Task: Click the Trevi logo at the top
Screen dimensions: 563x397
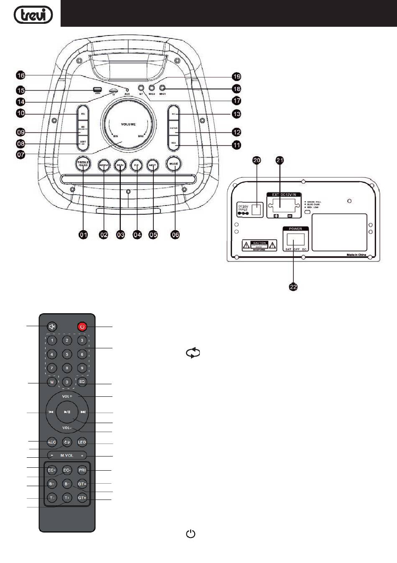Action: coord(33,15)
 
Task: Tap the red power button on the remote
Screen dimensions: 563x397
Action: coord(82,327)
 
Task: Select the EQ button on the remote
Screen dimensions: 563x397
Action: coord(82,382)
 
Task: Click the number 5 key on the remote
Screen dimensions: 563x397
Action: coord(67,354)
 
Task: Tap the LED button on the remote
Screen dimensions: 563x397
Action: coord(82,442)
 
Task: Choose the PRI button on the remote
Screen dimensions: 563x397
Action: coord(82,470)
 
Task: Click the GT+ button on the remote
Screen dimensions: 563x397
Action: coord(82,498)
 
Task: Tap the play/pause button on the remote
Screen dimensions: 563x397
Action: coord(67,412)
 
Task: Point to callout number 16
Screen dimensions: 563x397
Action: coord(20,75)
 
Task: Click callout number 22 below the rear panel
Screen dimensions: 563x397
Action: coord(293,287)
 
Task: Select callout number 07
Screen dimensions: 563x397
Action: coord(20,155)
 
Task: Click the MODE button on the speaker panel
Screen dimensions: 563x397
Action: coord(173,164)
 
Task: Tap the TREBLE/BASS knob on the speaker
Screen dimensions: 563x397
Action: coord(83,164)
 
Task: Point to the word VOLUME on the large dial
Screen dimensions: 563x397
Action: coord(128,124)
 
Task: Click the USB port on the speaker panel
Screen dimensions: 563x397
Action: coord(97,90)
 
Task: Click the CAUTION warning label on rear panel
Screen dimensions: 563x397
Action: coord(260,245)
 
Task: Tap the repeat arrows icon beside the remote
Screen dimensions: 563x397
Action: coord(193,353)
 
